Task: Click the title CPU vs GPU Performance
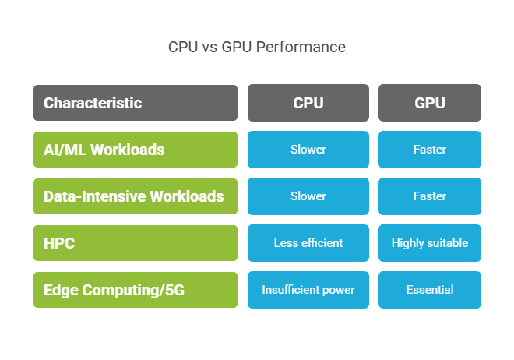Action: pyautogui.click(x=257, y=47)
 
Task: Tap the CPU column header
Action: pyautogui.click(x=308, y=103)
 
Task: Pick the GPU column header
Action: pyautogui.click(x=429, y=103)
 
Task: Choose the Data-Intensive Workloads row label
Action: pyautogui.click(x=135, y=196)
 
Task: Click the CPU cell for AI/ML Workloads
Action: pyautogui.click(x=308, y=150)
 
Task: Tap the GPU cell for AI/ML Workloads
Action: pyautogui.click(x=429, y=150)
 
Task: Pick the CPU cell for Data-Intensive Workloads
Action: pyautogui.click(x=308, y=196)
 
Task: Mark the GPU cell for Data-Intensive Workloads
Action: pyautogui.click(x=429, y=196)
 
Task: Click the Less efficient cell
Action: pyautogui.click(x=308, y=243)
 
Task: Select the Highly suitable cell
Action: pyautogui.click(x=429, y=243)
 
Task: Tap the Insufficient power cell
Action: pyautogui.click(x=308, y=290)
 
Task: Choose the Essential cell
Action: pyautogui.click(x=429, y=290)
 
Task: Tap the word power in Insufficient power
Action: pyautogui.click(x=337, y=290)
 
